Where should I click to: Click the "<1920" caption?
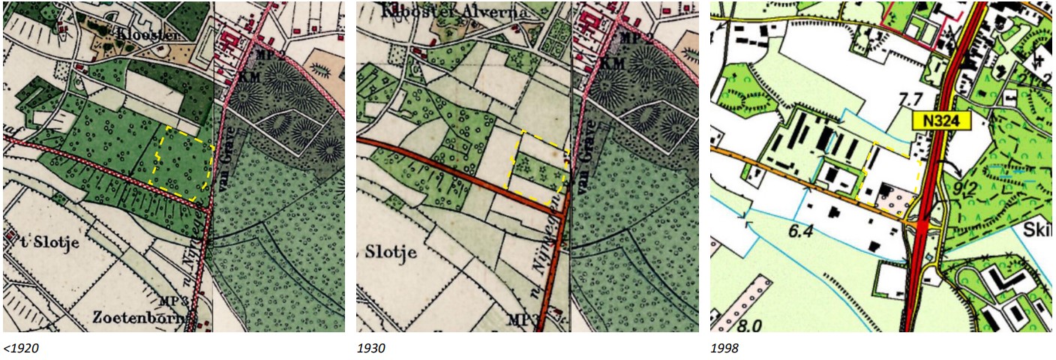[22, 348]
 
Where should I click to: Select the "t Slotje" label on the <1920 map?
[39, 242]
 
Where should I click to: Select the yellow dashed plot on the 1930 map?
[538, 163]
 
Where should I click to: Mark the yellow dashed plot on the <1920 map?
[183, 162]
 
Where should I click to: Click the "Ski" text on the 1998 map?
[1038, 226]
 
